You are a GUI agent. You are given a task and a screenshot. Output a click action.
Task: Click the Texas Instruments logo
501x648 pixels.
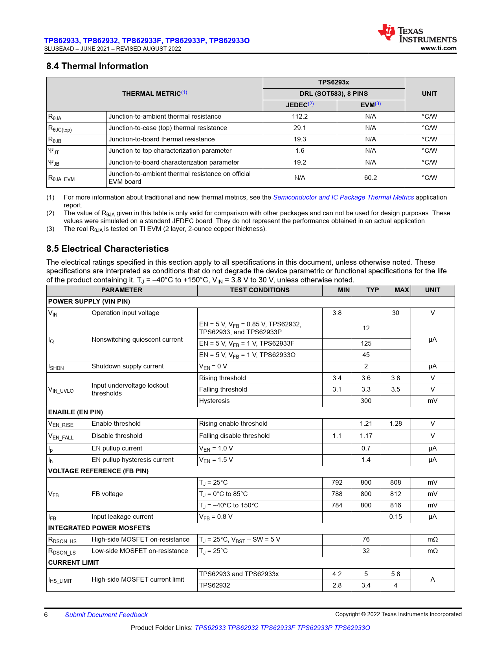[417, 34]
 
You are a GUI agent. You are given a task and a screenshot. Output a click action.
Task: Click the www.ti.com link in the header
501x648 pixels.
[438, 48]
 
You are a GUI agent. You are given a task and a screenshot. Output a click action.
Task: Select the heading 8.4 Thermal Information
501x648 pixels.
[97, 66]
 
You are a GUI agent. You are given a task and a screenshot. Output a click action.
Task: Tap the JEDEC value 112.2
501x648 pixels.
[299, 117]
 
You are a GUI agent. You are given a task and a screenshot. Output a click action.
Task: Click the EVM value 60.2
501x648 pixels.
[370, 178]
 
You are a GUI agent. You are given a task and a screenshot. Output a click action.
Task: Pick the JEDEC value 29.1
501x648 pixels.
[299, 128]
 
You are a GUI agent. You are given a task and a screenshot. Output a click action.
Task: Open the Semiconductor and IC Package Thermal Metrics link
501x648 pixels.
[343, 198]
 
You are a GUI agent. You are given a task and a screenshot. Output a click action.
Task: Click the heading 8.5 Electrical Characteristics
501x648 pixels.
[107, 249]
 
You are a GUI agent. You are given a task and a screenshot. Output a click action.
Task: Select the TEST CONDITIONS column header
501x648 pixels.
[259, 290]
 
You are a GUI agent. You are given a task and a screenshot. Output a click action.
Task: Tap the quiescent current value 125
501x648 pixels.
[366, 344]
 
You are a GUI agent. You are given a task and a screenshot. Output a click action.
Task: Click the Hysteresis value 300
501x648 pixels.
[366, 401]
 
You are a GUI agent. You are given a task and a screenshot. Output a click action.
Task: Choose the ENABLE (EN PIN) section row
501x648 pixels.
[75, 412]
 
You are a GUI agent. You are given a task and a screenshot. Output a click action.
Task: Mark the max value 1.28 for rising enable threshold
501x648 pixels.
[395, 424]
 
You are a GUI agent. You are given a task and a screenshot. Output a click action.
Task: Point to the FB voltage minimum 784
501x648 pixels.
[337, 505]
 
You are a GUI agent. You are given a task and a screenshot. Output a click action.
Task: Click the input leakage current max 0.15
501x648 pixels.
[395, 517]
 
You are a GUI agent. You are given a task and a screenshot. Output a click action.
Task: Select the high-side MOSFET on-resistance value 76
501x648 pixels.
[366, 540]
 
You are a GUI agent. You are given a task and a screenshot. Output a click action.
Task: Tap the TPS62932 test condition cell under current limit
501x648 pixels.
[215, 586]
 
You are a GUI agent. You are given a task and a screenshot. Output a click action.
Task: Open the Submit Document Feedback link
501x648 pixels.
[106, 615]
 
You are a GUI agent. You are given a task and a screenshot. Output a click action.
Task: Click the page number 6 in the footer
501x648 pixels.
[46, 615]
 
